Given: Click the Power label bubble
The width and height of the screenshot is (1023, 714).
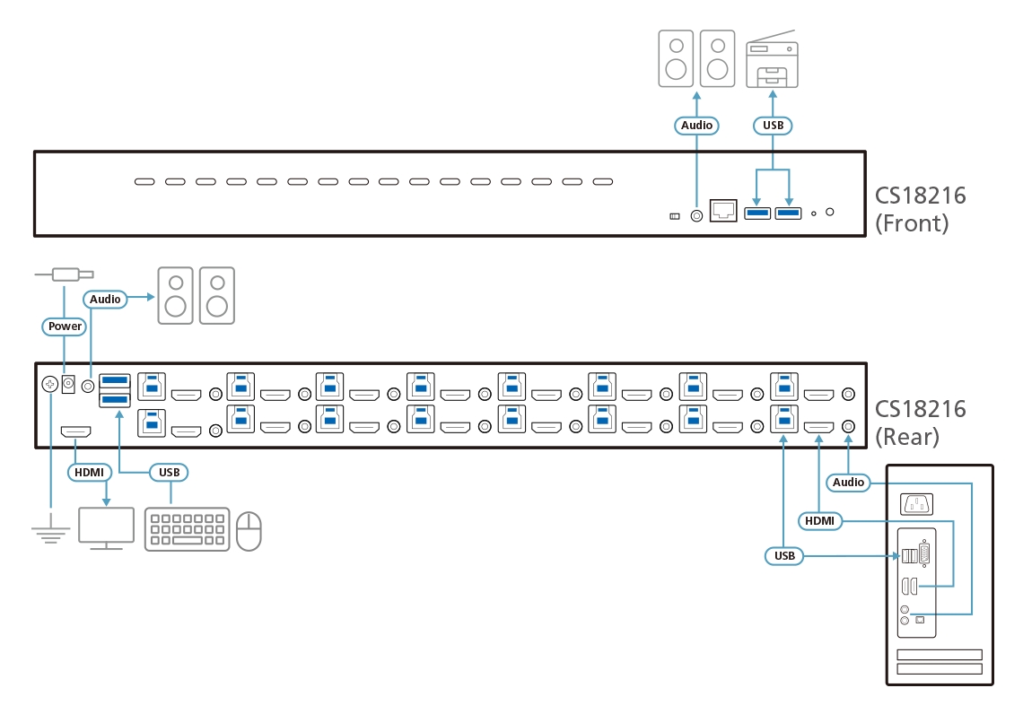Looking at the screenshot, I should pyautogui.click(x=65, y=327).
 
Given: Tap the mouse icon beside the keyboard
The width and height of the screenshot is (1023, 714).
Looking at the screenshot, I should pyautogui.click(x=249, y=530).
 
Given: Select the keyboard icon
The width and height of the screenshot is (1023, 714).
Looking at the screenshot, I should pyautogui.click(x=187, y=529).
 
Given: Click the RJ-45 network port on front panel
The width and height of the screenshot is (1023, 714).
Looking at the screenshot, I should pyautogui.click(x=723, y=211).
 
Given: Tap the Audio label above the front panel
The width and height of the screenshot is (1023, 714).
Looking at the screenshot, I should pyautogui.click(x=696, y=126).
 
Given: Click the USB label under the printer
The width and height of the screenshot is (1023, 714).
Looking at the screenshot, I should pyautogui.click(x=773, y=126).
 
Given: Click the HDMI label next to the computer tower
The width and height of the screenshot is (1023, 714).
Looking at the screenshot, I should pyautogui.click(x=818, y=519).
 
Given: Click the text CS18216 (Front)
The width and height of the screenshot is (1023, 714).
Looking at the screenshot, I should pyautogui.click(x=920, y=209).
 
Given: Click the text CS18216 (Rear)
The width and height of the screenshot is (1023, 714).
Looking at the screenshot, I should pyautogui.click(x=920, y=422).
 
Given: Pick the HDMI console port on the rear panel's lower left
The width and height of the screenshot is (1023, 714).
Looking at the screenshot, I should pyautogui.click(x=75, y=433).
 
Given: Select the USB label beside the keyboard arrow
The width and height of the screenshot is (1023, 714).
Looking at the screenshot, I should pyautogui.click(x=169, y=472).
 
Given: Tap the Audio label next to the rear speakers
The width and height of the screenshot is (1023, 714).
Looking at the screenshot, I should pyautogui.click(x=105, y=299).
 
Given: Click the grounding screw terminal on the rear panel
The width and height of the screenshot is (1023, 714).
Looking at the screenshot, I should pyautogui.click(x=50, y=384).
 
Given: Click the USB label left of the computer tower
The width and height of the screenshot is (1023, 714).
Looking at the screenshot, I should pyautogui.click(x=784, y=556).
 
